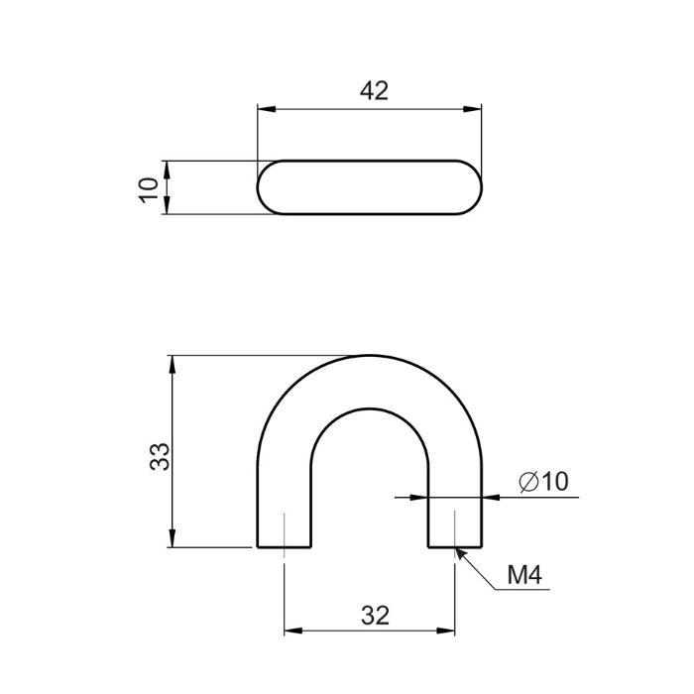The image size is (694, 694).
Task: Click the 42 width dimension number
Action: pyautogui.click(x=374, y=91)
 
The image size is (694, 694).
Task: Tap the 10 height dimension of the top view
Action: pyautogui.click(x=149, y=190)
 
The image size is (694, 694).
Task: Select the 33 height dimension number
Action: pyautogui.click(x=160, y=456)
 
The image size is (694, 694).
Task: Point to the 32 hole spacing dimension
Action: pyautogui.click(x=376, y=616)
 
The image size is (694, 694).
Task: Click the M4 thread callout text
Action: pyautogui.click(x=524, y=575)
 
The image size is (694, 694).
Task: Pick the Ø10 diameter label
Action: pyautogui.click(x=543, y=481)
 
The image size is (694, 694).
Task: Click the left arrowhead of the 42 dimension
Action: pyautogui.click(x=267, y=109)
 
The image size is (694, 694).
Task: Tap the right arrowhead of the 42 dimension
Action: pyautogui.click(x=472, y=109)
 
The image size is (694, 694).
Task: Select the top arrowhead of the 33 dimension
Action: pyautogui.click(x=173, y=364)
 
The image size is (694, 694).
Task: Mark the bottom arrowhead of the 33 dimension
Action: pyautogui.click(x=173, y=538)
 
